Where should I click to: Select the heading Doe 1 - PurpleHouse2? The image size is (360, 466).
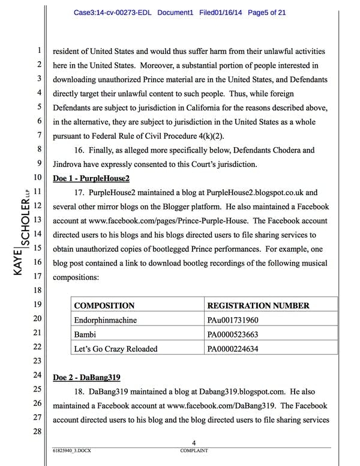click(x=91, y=178)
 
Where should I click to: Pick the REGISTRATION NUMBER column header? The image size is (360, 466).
click(x=258, y=306)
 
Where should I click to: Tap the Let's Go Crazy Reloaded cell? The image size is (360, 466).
click(x=115, y=348)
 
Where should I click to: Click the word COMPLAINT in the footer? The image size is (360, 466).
click(x=194, y=450)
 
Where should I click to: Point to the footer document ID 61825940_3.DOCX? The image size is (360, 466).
click(x=71, y=450)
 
